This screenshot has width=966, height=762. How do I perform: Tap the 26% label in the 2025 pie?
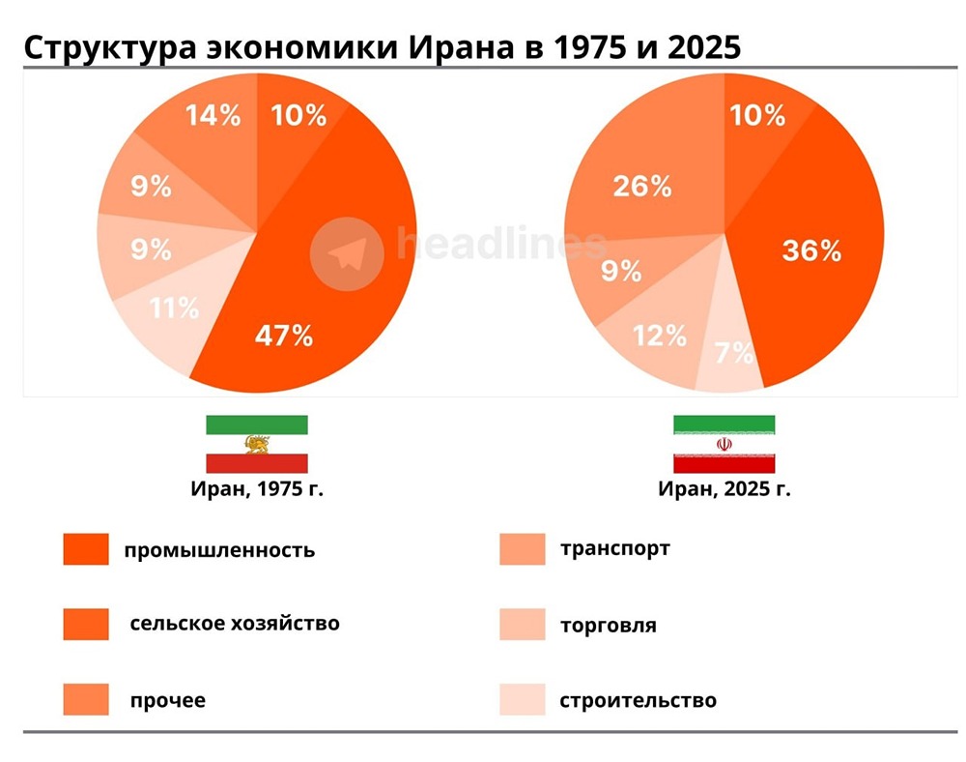click(x=641, y=186)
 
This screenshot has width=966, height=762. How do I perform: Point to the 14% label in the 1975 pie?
click(x=213, y=116)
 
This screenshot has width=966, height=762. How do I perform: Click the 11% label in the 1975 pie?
click(x=174, y=308)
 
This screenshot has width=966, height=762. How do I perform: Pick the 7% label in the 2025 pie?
click(x=734, y=353)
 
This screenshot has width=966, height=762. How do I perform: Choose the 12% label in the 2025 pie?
click(x=660, y=336)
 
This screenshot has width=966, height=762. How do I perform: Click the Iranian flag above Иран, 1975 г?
click(x=256, y=444)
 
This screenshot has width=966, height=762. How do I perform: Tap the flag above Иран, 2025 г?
click(x=724, y=444)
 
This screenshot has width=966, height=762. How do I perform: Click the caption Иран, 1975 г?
click(x=256, y=488)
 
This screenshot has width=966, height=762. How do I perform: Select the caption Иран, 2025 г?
click(x=724, y=488)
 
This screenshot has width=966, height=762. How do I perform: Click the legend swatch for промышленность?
click(x=85, y=549)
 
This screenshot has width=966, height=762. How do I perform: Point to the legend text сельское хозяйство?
click(x=235, y=623)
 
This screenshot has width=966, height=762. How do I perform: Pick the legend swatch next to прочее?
click(x=85, y=699)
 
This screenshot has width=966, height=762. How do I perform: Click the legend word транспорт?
click(x=614, y=548)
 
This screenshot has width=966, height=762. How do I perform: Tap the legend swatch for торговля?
click(x=522, y=625)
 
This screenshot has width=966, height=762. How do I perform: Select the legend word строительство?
click(x=638, y=700)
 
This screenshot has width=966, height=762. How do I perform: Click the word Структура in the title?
click(x=107, y=47)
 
